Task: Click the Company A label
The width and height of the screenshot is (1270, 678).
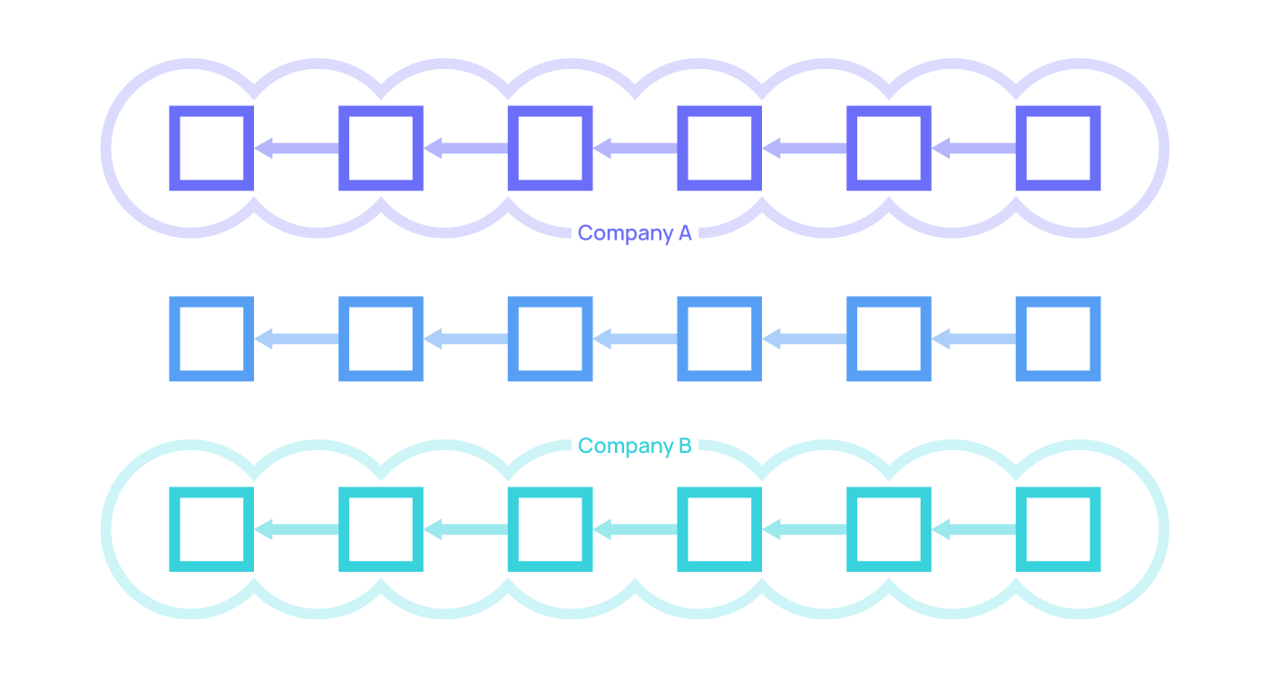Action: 634,233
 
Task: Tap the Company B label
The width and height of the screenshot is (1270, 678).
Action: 634,446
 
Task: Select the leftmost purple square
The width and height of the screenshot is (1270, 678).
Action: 211,148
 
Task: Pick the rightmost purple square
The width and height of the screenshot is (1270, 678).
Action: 1058,148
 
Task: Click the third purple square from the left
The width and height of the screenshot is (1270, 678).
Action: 550,148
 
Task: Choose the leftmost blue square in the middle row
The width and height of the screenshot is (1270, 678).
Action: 211,339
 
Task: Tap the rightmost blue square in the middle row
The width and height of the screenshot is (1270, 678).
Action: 1058,339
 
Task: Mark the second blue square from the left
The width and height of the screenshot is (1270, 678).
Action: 381,339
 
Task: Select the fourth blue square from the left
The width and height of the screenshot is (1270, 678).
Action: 719,339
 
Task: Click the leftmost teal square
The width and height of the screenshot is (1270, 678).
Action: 211,529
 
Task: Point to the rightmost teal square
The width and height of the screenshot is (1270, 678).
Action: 1058,529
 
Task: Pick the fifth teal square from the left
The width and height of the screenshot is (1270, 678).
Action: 889,529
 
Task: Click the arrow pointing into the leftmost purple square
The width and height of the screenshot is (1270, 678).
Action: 297,148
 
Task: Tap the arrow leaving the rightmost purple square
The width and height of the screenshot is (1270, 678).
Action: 973,148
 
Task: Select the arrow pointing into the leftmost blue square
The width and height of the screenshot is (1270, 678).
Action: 297,339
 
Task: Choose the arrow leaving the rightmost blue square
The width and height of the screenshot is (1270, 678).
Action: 973,339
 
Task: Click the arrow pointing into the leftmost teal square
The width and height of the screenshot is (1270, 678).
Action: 297,529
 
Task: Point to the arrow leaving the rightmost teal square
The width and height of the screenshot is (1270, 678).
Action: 973,529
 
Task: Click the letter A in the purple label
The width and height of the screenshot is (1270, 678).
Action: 685,233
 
